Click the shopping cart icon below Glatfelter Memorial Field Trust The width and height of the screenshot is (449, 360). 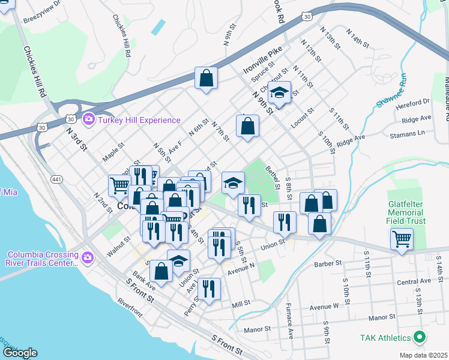pos(402,239)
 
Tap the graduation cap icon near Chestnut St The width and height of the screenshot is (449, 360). pos(279,92)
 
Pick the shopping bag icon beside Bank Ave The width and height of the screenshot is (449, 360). pos(161,271)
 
